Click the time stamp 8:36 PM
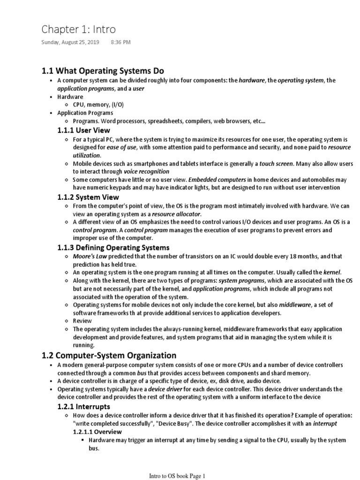tap(120, 42)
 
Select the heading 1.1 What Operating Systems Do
tap(103, 71)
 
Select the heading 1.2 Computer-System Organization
tap(109, 355)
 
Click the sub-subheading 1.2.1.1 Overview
tap(97, 431)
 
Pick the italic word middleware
tap(295, 304)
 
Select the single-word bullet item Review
tap(82, 321)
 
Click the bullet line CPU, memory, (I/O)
tap(98, 105)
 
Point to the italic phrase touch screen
tap(276, 164)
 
